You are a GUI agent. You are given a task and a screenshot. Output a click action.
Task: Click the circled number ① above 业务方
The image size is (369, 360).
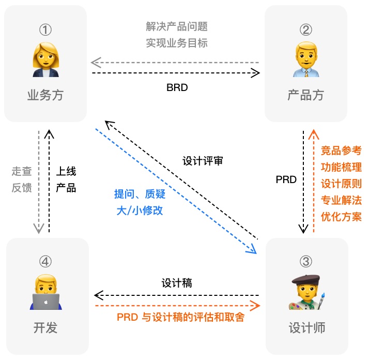pos(45,29)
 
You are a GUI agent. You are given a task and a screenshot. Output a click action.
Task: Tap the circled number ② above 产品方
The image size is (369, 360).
pos(306,29)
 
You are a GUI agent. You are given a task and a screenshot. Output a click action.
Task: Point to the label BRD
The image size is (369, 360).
pos(177,87)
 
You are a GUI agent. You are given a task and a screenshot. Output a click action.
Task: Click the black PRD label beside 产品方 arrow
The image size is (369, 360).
pos(286,179)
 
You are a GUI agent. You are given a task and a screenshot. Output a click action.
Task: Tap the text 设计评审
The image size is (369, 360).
pos(203,160)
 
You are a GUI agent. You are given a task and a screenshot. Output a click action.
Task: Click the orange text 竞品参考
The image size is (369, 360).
pos(341,151)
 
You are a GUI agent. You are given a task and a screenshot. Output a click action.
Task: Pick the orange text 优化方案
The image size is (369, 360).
pos(341,216)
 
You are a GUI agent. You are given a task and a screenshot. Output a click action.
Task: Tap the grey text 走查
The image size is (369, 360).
pos(22,170)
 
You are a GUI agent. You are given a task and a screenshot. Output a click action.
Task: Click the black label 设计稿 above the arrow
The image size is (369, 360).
pos(177,283)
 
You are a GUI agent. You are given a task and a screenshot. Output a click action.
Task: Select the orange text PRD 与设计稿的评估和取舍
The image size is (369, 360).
pos(180,317)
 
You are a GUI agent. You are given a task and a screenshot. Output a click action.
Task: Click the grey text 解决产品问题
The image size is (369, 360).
pos(177,26)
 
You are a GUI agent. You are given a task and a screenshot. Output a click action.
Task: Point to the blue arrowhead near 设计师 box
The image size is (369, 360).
pos(252,250)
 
